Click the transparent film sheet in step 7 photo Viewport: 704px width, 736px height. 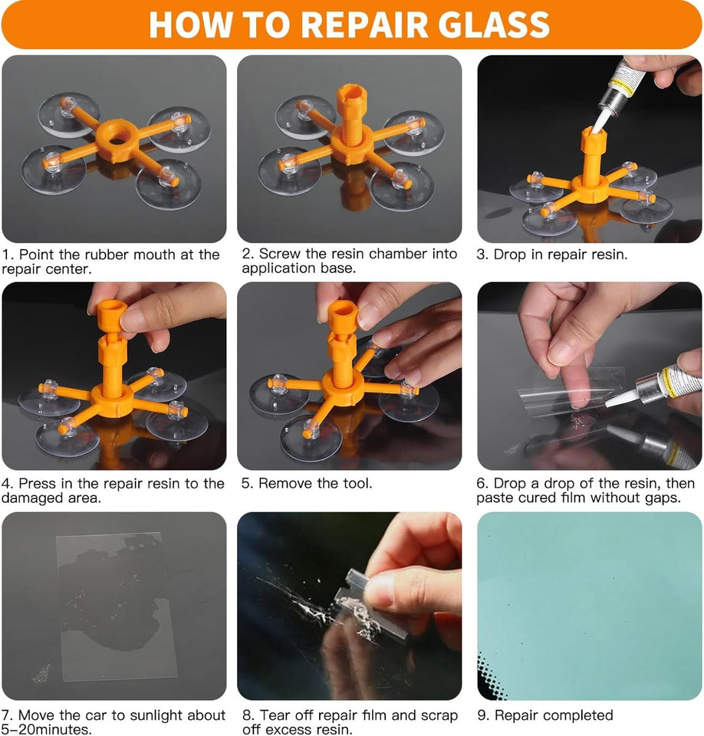point(117,606)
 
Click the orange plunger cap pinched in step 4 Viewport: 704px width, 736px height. point(112,314)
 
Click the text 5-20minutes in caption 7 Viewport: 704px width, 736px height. point(47,730)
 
